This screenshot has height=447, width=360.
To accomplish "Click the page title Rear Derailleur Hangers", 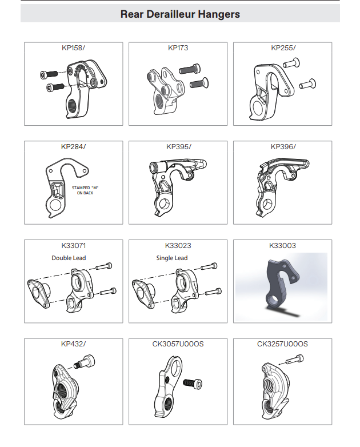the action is click(x=180, y=14).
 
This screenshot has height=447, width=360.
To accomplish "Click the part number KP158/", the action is click(x=73, y=47).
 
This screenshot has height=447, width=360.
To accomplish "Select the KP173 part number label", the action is click(x=178, y=47).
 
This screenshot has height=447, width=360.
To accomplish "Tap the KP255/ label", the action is click(x=283, y=47).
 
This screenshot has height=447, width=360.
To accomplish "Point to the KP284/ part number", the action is click(x=73, y=146).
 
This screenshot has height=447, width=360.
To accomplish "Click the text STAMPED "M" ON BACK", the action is click(x=85, y=190).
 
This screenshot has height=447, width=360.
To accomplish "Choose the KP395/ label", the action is click(x=179, y=146).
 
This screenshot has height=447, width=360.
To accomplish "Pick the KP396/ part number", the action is click(x=283, y=146).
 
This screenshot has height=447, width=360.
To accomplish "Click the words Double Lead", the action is click(x=69, y=258).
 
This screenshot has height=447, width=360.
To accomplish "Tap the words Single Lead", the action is click(x=172, y=258).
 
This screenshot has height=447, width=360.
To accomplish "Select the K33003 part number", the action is click(x=282, y=245).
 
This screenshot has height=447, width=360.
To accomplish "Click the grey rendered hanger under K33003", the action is click(x=281, y=285).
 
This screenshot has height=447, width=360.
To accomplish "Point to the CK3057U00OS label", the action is click(x=178, y=344).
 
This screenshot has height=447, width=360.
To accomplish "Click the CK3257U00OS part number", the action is click(x=282, y=344).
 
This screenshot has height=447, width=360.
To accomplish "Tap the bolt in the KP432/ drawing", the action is click(x=85, y=362).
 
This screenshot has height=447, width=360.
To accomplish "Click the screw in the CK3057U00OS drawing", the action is click(x=193, y=384).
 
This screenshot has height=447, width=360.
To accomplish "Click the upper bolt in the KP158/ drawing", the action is click(x=49, y=74).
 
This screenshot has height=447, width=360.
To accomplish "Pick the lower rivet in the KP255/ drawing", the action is click(x=307, y=84).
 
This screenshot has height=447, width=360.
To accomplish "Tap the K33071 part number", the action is click(x=73, y=245).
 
